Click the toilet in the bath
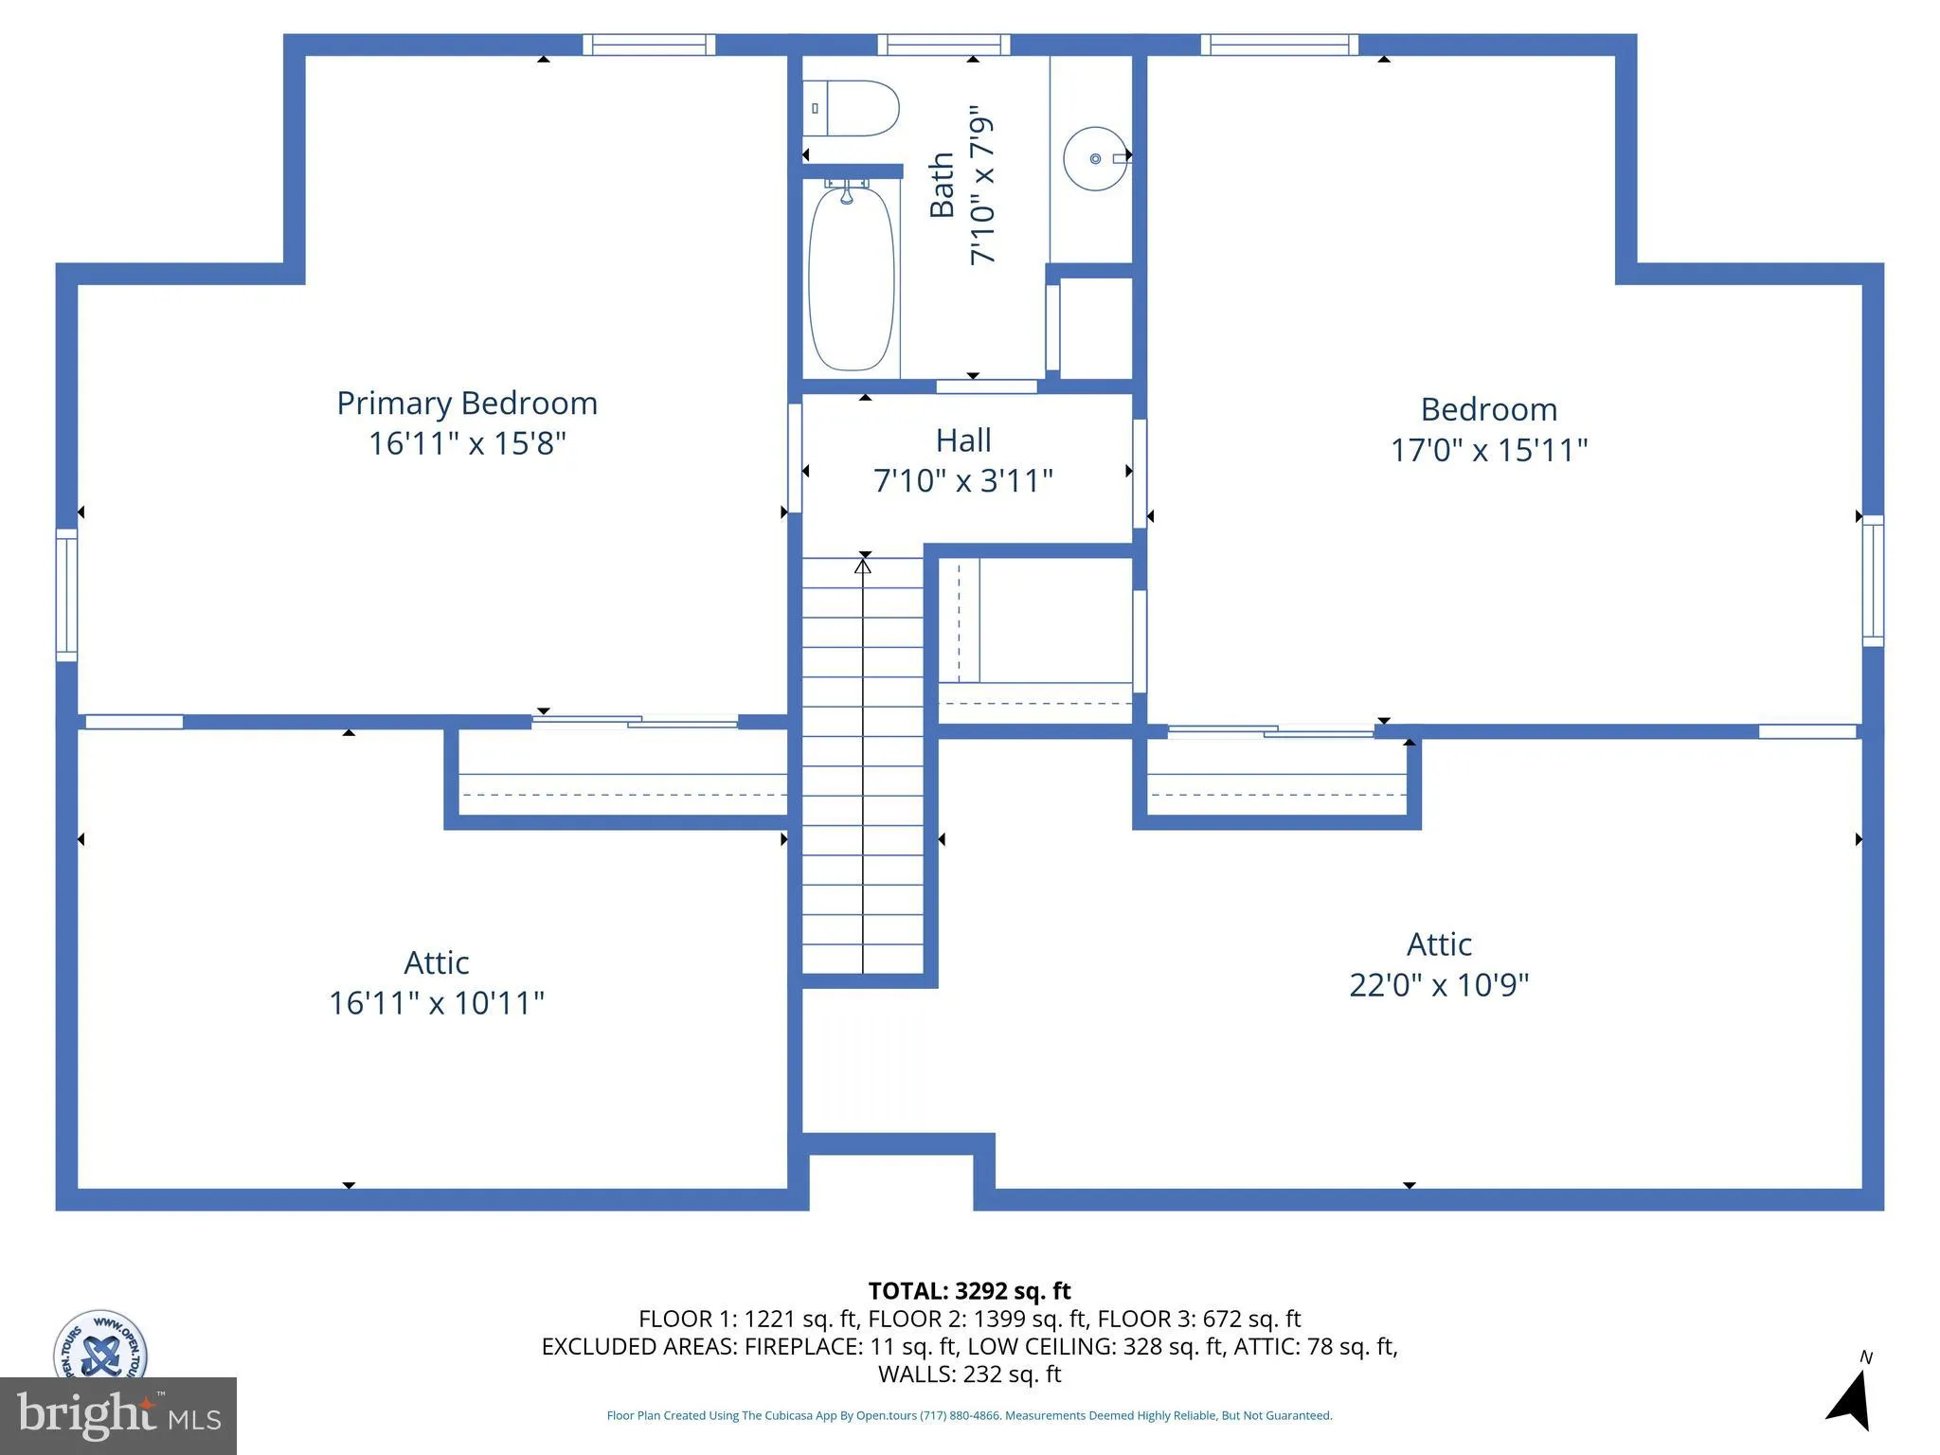851,108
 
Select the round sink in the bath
1095,159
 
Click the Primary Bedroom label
467,404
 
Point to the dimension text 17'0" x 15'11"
1488,450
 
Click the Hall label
963,440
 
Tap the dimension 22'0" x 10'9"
1438,985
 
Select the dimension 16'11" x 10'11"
436,1003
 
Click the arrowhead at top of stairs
863,566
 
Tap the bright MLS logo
117,1415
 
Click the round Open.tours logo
99,1345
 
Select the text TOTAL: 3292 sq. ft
969,1291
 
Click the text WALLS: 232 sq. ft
969,1374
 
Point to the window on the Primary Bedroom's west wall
66,595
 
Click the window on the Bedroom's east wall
1873,581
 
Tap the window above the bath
943,45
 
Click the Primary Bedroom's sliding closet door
635,722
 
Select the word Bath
942,186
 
